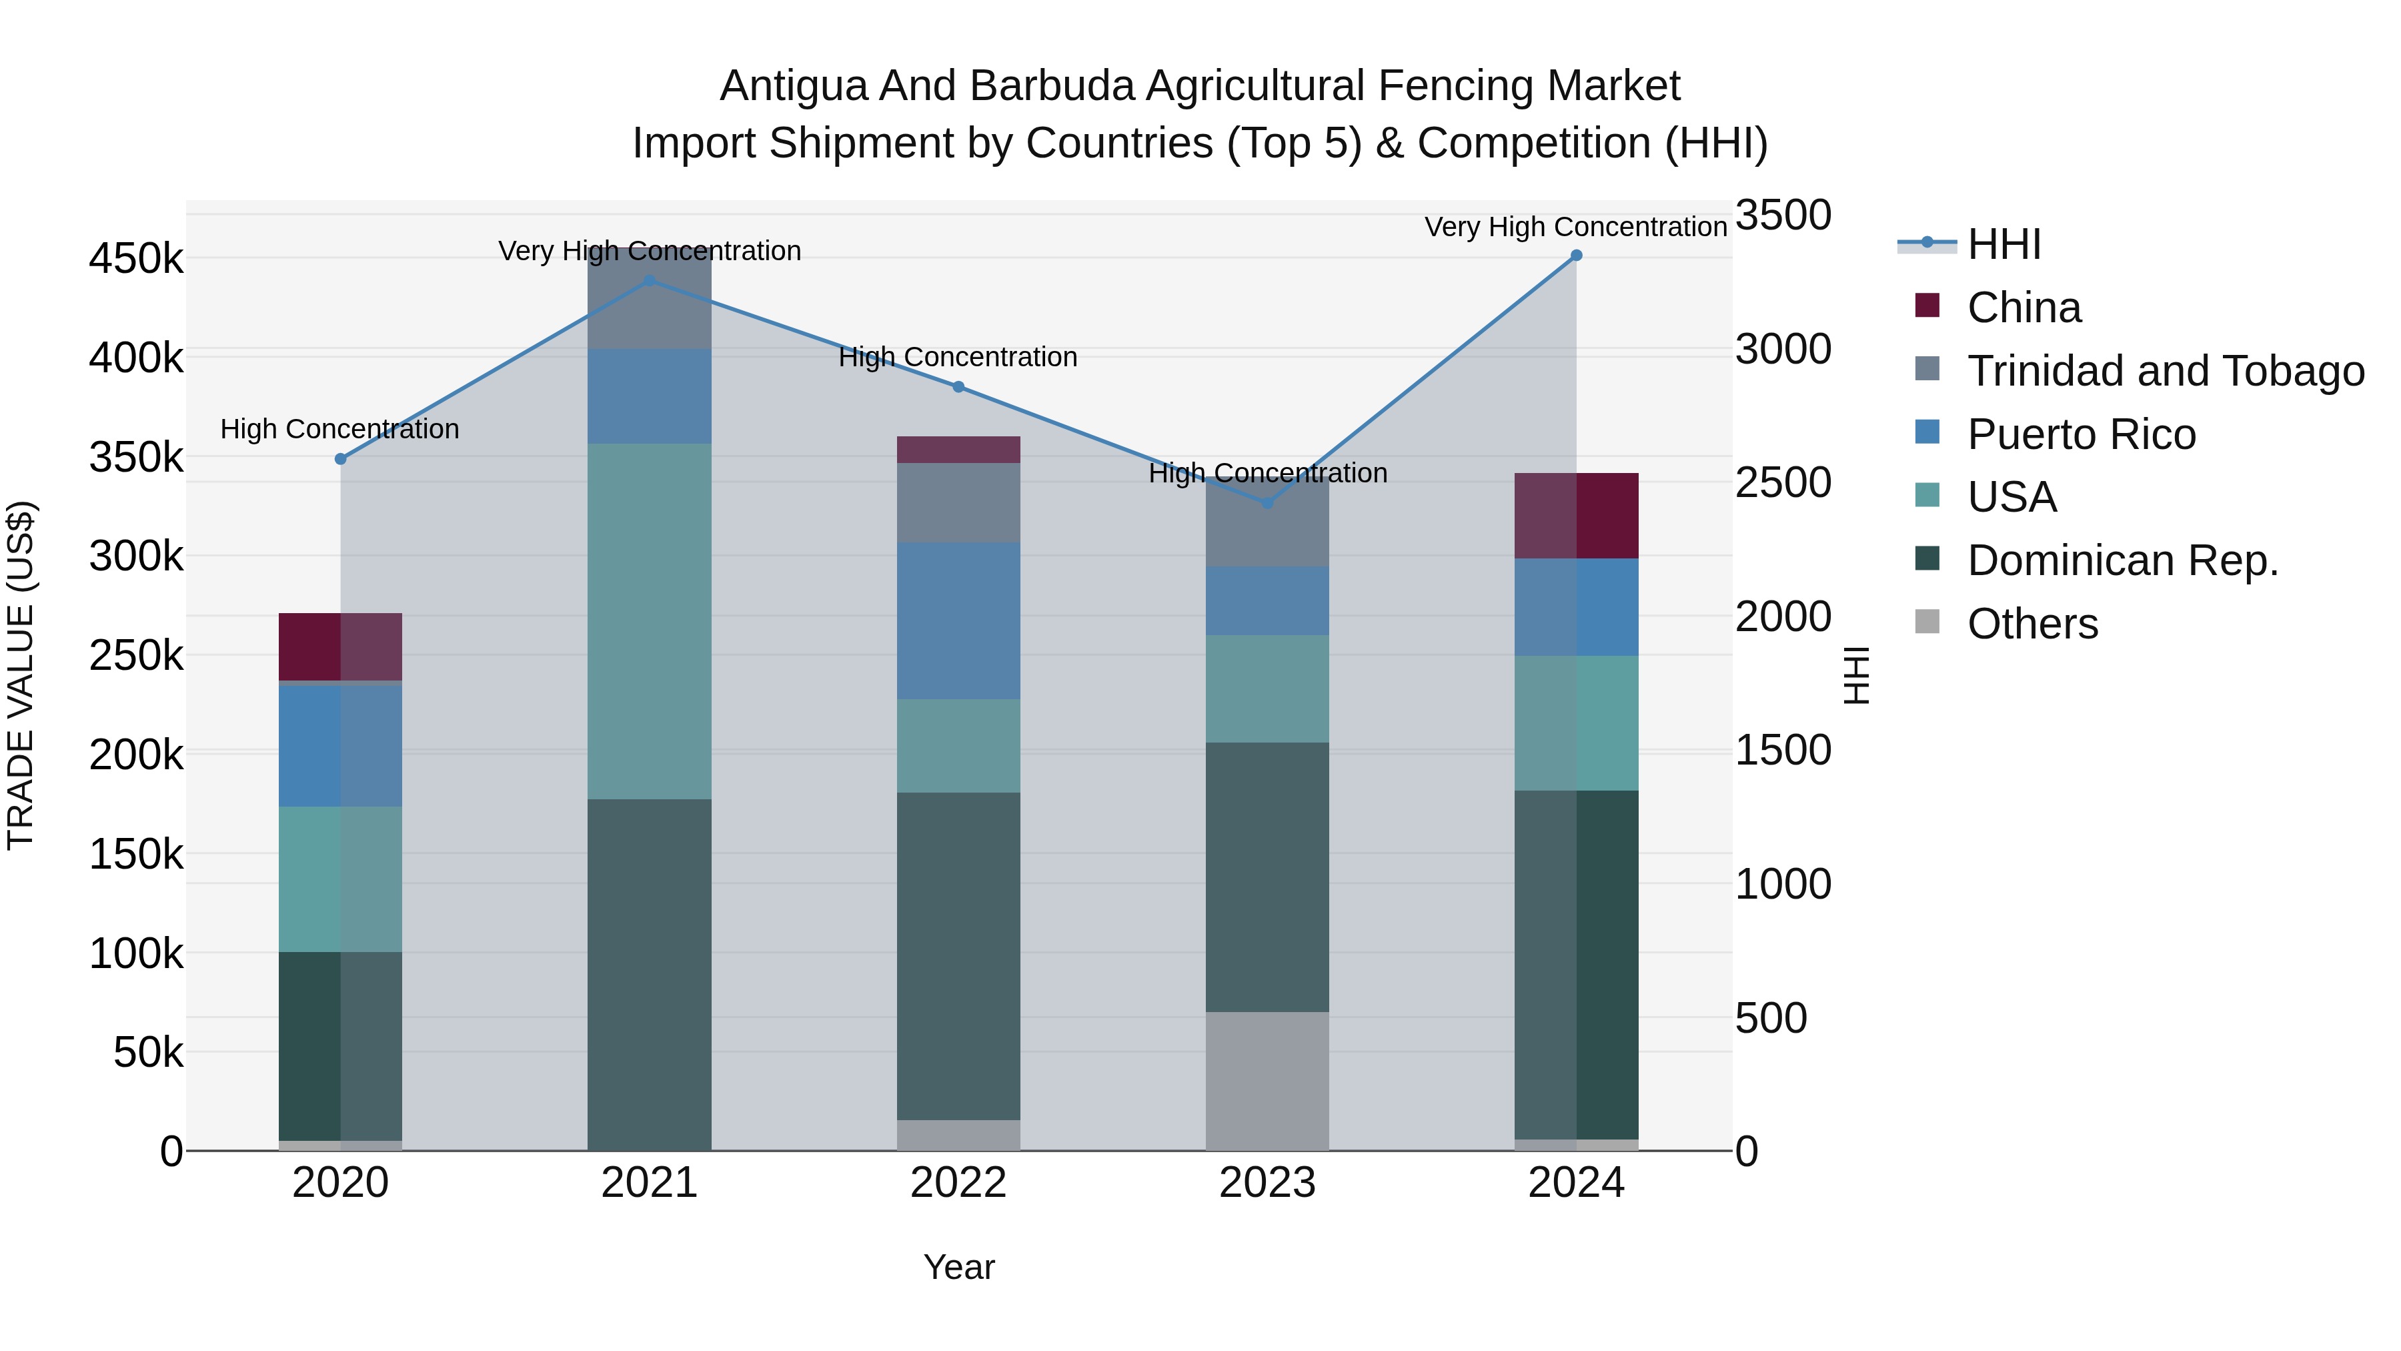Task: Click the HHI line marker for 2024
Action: tap(1576, 256)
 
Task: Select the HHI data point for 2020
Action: tap(340, 459)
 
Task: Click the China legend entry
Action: tap(2024, 308)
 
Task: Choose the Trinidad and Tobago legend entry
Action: tap(2165, 371)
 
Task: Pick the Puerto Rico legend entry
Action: tap(2080, 434)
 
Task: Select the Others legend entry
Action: tap(2032, 624)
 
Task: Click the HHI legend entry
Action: tap(2004, 244)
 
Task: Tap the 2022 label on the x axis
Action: tap(958, 1183)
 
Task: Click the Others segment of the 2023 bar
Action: tap(1267, 1081)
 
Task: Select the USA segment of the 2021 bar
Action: tap(649, 621)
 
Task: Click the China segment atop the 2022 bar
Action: tap(958, 450)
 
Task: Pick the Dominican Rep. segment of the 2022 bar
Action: tap(958, 955)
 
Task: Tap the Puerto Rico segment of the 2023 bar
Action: tap(1267, 601)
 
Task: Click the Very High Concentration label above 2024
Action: tap(1575, 227)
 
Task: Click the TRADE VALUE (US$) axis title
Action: tap(21, 675)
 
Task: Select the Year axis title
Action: tap(958, 1267)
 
